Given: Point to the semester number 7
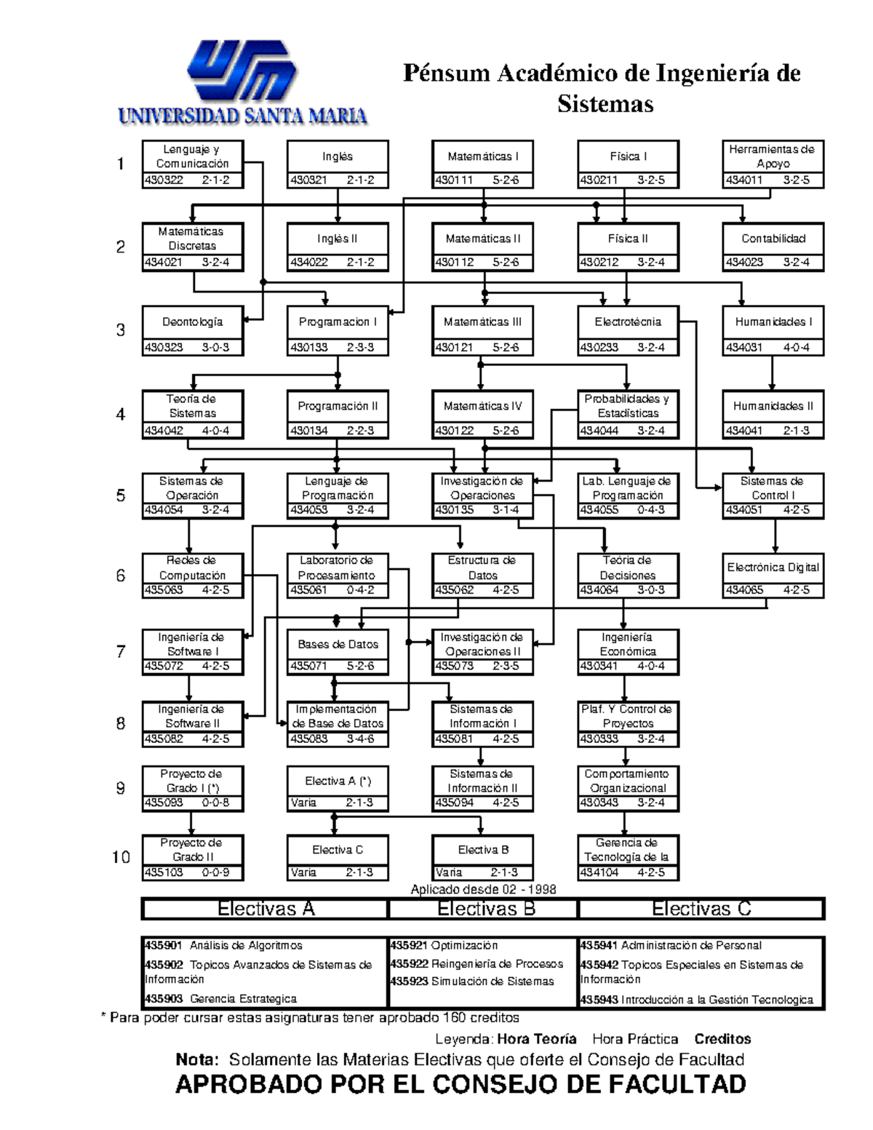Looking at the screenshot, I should pyautogui.click(x=121, y=652).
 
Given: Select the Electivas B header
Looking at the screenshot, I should pyautogui.click(x=485, y=909).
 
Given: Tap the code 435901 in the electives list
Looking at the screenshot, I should pyautogui.click(x=164, y=946).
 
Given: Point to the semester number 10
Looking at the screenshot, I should pyautogui.click(x=121, y=857).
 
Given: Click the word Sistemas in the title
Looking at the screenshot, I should pyautogui.click(x=605, y=105).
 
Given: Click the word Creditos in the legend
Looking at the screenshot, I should pyautogui.click(x=722, y=1039).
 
